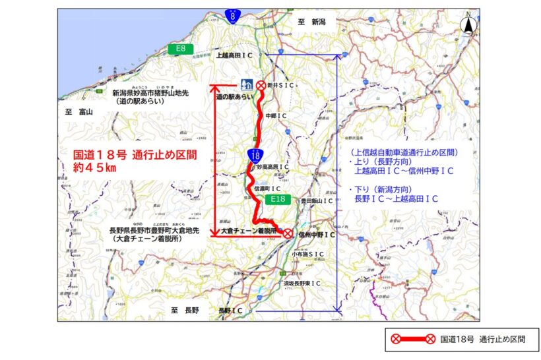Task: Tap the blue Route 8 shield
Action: point(232,16)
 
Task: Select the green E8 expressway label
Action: point(180,48)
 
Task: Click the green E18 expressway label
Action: point(276,197)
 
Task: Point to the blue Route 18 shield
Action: point(255,155)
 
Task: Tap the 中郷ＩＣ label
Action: point(275,115)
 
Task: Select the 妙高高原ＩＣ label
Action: point(273,167)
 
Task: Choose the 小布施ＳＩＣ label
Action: point(308,254)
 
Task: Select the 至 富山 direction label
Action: point(80,112)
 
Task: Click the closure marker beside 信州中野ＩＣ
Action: point(288,233)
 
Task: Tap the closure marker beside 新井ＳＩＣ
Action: point(261,85)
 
